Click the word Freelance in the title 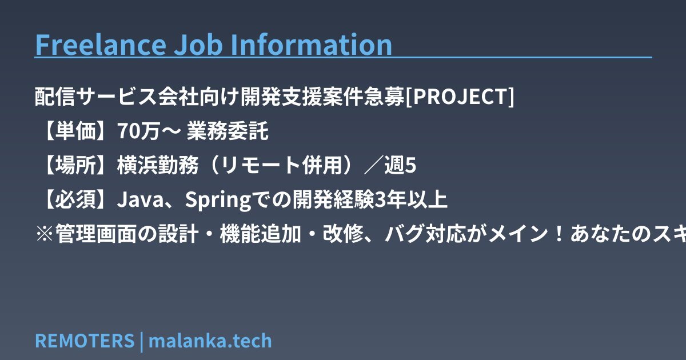[101, 45]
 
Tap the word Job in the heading [198, 45]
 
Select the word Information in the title [311, 45]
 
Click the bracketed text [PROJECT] [460, 97]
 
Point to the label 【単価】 [75, 131]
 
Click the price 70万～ [149, 131]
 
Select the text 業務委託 [228, 131]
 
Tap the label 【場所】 [75, 165]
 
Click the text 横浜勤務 [158, 165]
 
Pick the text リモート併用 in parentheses [281, 165]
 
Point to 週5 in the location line [400, 165]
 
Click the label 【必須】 [75, 199]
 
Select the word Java [141, 199]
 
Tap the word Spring [218, 200]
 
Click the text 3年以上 [410, 199]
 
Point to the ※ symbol [45, 234]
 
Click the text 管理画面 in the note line [96, 234]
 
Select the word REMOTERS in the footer [85, 341]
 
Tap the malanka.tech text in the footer [210, 341]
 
